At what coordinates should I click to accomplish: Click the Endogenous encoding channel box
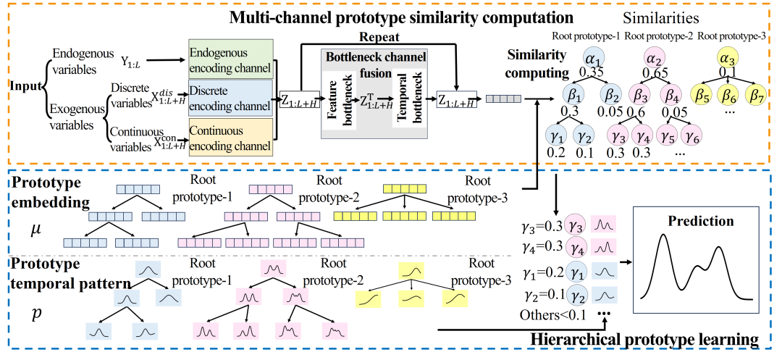click(229, 59)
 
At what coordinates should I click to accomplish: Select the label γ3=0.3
click(543, 227)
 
